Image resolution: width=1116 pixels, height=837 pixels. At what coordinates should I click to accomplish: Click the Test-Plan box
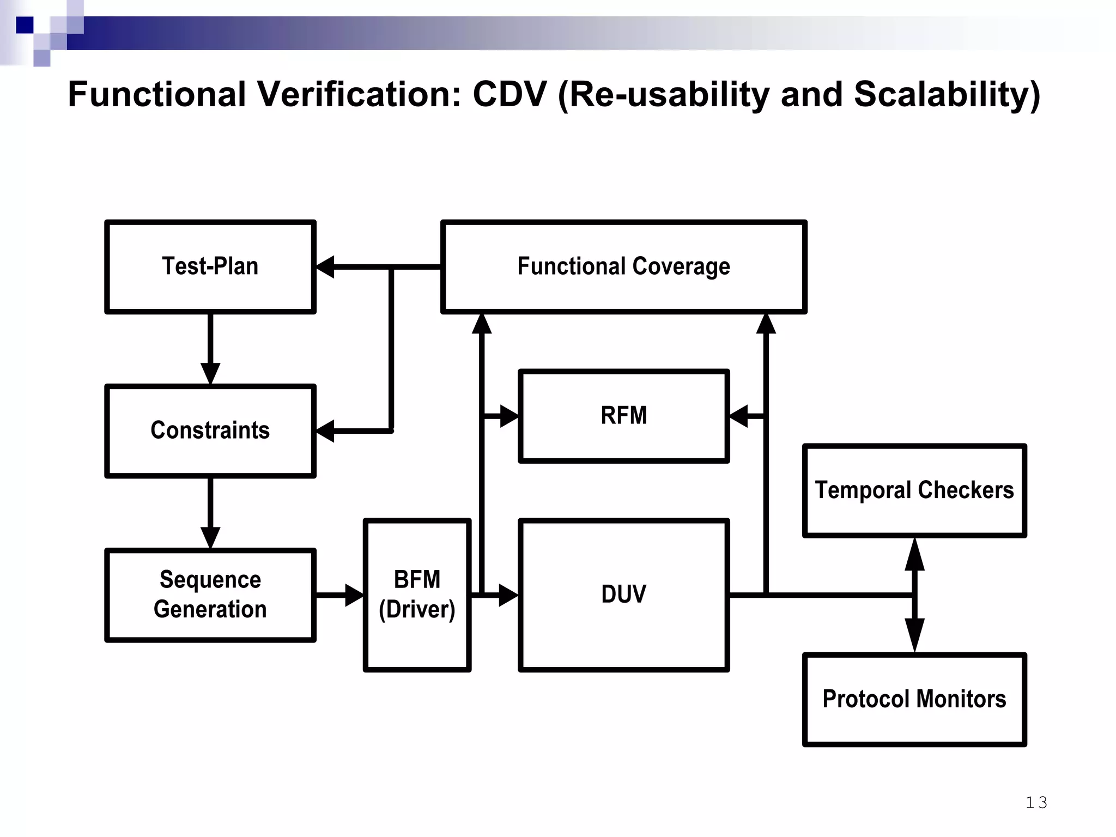210,266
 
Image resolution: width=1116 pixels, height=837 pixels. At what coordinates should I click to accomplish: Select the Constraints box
210,430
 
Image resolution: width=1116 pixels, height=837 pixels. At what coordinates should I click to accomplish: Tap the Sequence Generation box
210,595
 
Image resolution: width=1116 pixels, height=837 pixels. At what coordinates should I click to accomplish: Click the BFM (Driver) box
417,595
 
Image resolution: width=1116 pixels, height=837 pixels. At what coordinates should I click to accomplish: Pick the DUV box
623,595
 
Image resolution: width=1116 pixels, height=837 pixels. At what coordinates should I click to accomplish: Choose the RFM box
623,416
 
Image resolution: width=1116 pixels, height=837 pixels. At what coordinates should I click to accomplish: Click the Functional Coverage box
623,266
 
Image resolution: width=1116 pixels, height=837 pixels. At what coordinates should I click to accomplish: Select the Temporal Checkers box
914,490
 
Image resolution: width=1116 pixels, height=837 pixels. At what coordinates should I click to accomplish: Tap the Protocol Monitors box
914,699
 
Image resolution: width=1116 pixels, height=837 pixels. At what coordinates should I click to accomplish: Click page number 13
1036,802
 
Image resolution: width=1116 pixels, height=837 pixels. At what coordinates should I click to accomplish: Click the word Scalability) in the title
947,95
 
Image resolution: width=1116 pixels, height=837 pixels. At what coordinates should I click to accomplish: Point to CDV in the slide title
509,95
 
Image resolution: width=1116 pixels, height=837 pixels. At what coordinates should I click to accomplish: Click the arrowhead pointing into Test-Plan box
325,267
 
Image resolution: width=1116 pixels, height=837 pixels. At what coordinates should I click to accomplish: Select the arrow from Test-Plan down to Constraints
210,349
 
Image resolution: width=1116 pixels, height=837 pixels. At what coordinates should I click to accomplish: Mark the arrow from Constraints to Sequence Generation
210,513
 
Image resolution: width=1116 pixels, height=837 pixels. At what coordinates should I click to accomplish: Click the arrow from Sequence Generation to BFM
339,595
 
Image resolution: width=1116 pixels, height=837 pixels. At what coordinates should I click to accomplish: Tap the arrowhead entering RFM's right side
738,416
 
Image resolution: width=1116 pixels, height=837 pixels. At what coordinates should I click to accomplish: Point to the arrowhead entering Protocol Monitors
914,635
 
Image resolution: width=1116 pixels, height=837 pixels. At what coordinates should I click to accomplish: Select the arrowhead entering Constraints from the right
325,431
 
